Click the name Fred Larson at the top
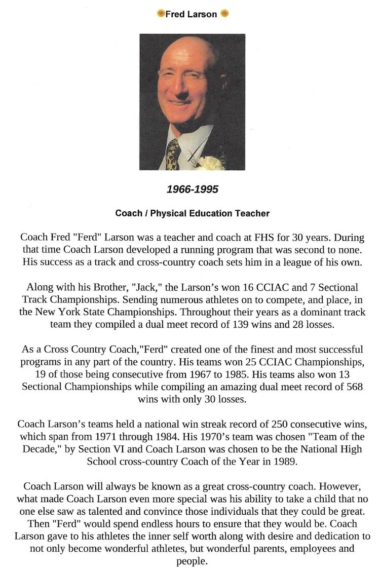pyautogui.click(x=191, y=15)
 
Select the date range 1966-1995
pyautogui.click(x=193, y=189)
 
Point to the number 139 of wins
pyautogui.click(x=248, y=324)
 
